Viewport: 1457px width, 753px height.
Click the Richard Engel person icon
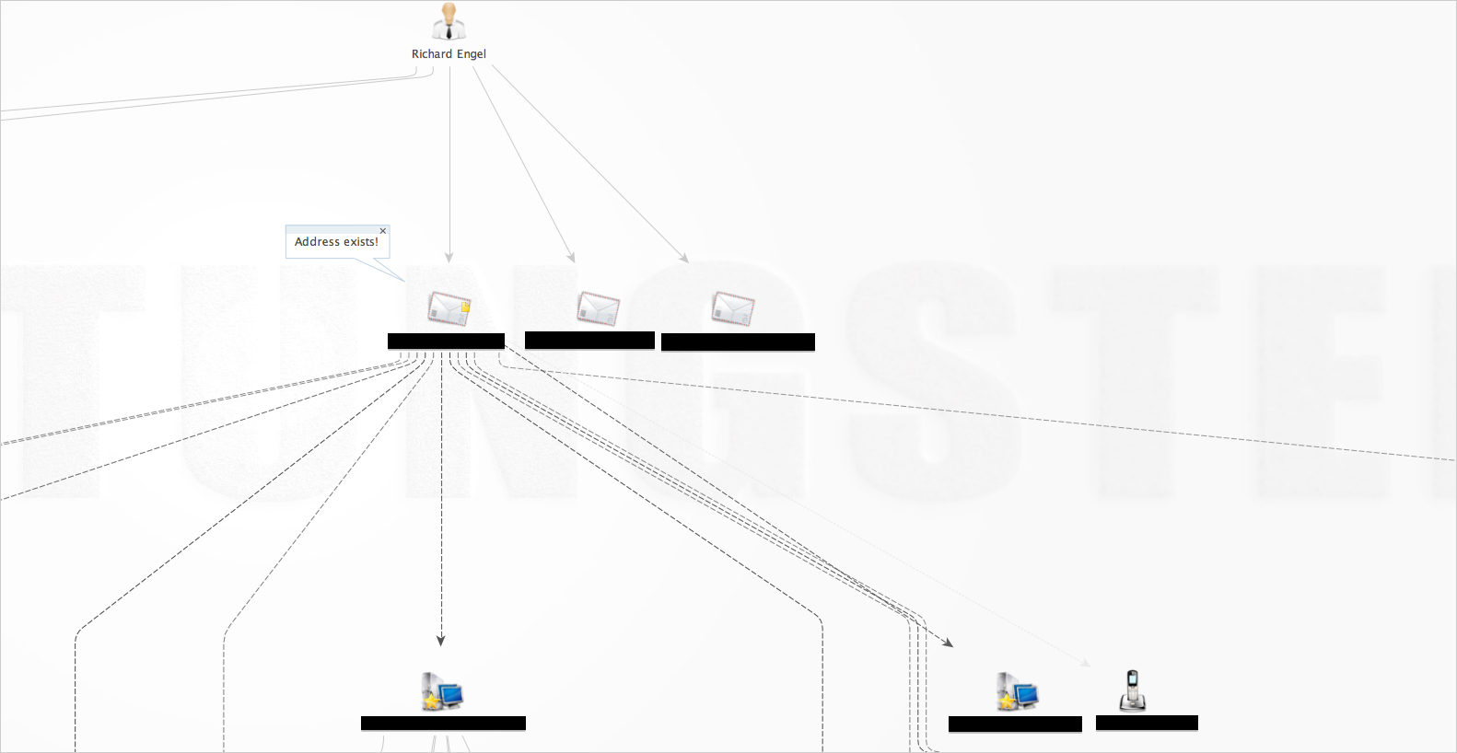449,22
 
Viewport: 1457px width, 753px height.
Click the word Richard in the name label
431,54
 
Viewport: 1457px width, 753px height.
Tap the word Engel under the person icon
472,54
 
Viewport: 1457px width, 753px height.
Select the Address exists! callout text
336,242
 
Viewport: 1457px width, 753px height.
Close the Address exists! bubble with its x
383,231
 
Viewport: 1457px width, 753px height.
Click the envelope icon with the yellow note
449,308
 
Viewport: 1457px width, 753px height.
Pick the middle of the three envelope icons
598,308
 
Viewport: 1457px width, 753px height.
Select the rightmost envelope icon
732,308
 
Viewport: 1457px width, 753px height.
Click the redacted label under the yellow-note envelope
446,342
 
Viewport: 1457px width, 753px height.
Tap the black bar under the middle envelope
589,341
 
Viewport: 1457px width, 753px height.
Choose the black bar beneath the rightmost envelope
738,342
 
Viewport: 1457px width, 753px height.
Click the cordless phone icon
1132,690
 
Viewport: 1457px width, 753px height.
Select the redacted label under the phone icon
1147,724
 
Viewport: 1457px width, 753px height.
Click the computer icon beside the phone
1017,691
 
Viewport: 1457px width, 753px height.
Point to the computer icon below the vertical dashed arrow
442,691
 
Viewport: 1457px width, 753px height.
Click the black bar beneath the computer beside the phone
1015,724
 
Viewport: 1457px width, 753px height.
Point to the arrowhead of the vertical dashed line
441,640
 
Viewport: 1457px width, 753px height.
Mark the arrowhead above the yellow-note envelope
449,258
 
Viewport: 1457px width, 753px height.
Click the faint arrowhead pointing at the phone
1087,662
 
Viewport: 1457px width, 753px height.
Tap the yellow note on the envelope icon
465,307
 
